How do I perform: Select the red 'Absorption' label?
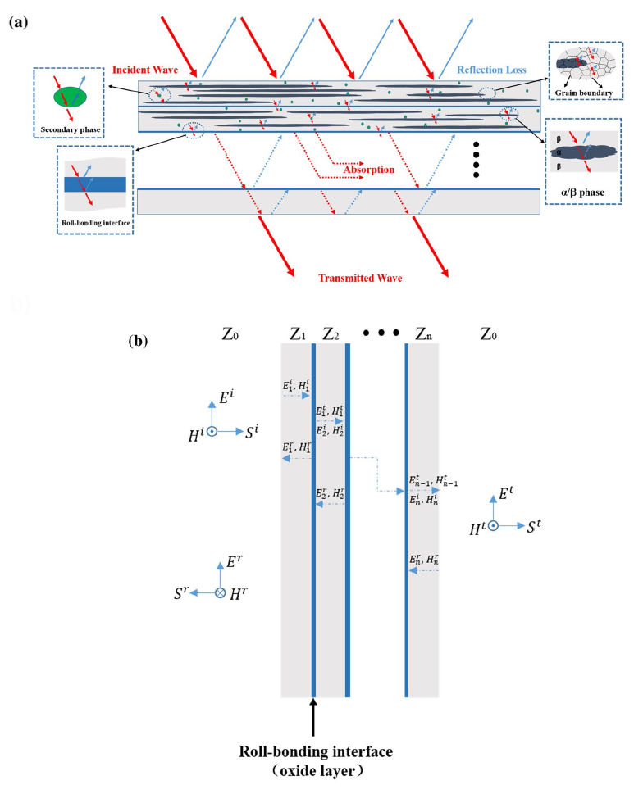367,170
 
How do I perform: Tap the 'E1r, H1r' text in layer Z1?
296,448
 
